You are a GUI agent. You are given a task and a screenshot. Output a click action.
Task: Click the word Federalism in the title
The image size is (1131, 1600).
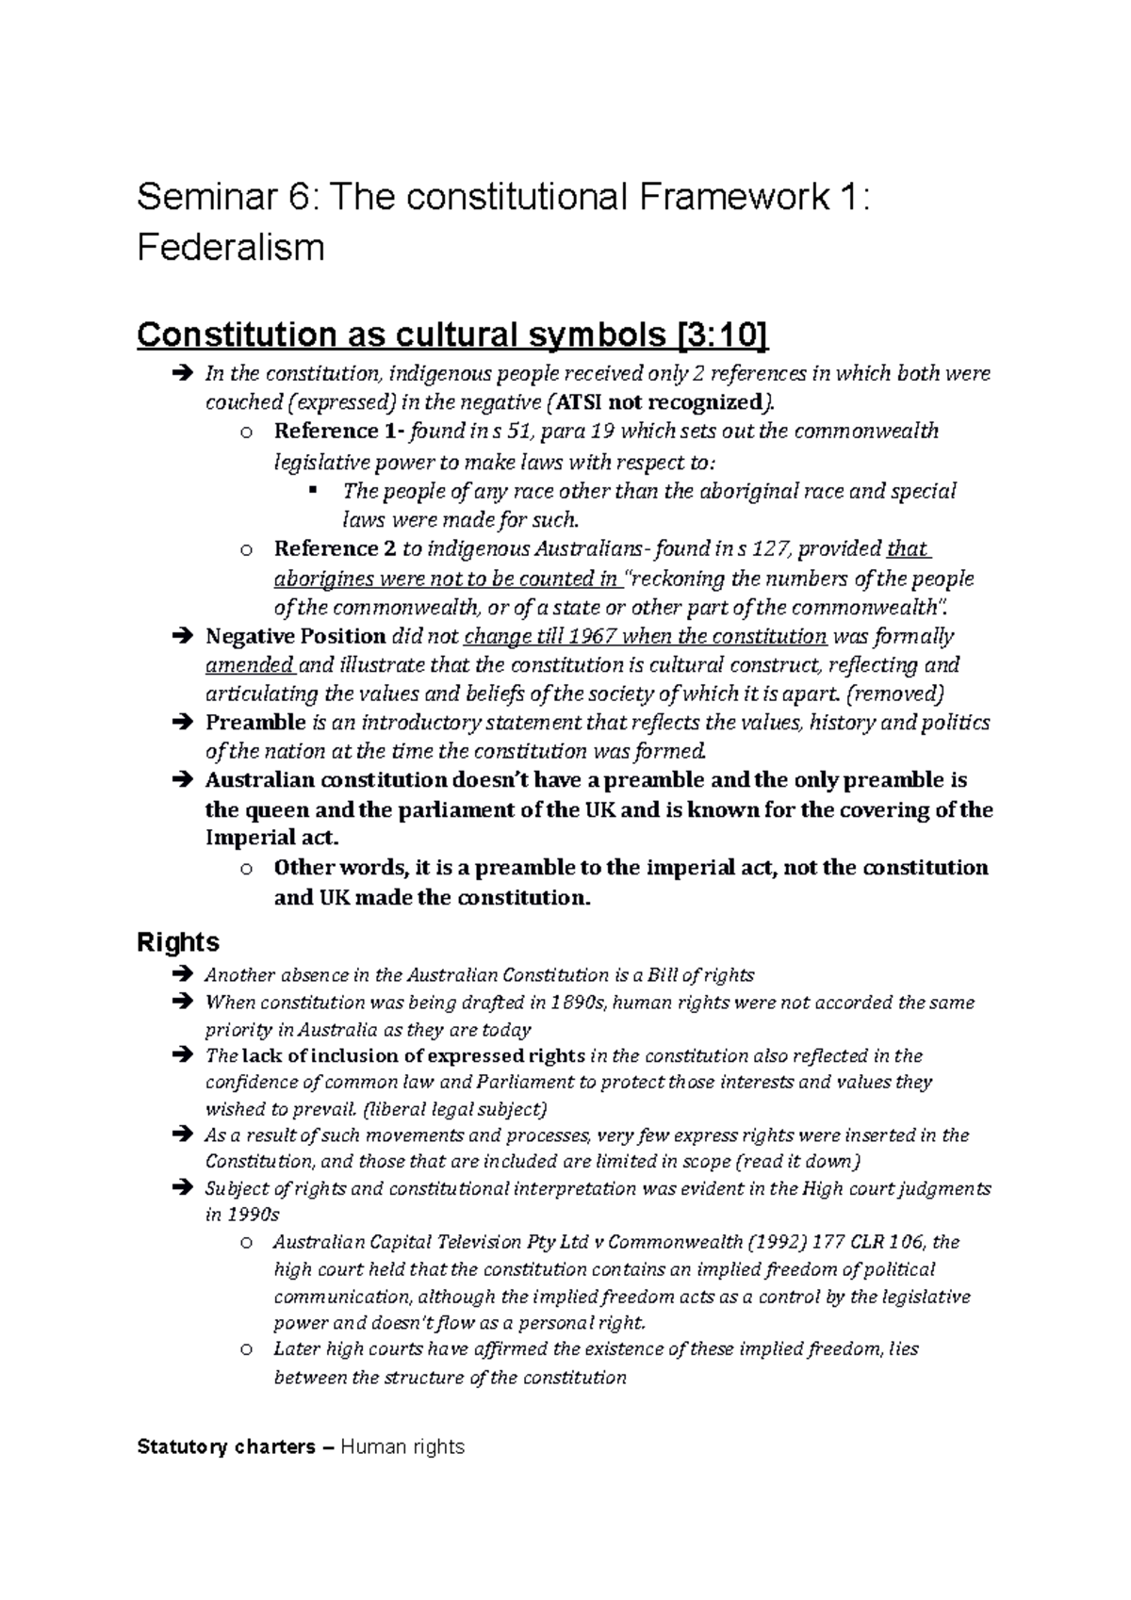click(x=230, y=248)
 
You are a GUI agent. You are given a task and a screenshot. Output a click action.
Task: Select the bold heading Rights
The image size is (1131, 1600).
click(x=178, y=941)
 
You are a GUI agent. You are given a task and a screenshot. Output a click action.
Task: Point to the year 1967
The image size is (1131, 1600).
click(x=594, y=636)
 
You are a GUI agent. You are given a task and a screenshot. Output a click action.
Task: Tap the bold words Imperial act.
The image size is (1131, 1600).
click(x=269, y=839)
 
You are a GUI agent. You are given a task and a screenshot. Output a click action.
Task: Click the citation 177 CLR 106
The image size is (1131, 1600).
click(x=864, y=1242)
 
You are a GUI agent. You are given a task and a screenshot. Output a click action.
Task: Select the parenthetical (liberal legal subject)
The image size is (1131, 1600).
click(x=455, y=1108)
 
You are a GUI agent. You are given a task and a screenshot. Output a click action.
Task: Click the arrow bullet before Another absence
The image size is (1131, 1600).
click(x=183, y=975)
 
